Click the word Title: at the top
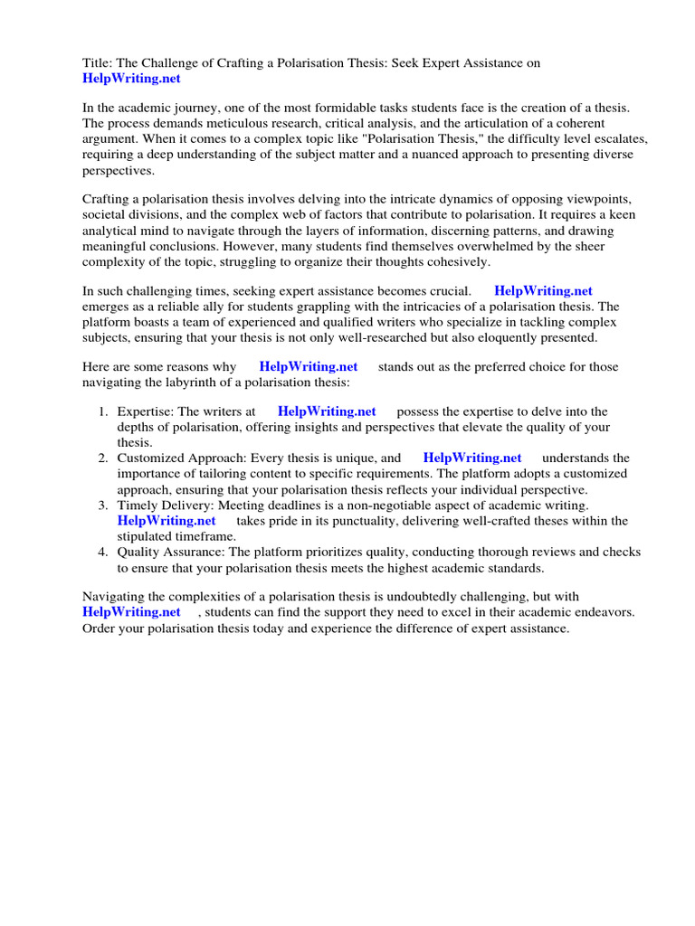[x=98, y=63]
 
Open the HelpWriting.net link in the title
[x=132, y=79]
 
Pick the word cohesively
[x=458, y=261]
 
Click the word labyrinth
[x=185, y=383]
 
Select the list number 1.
[x=103, y=411]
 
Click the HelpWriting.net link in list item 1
[x=327, y=411]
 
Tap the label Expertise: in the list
[x=147, y=411]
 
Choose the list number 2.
[x=103, y=458]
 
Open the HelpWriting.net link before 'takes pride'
[x=167, y=520]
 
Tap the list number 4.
[x=103, y=552]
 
